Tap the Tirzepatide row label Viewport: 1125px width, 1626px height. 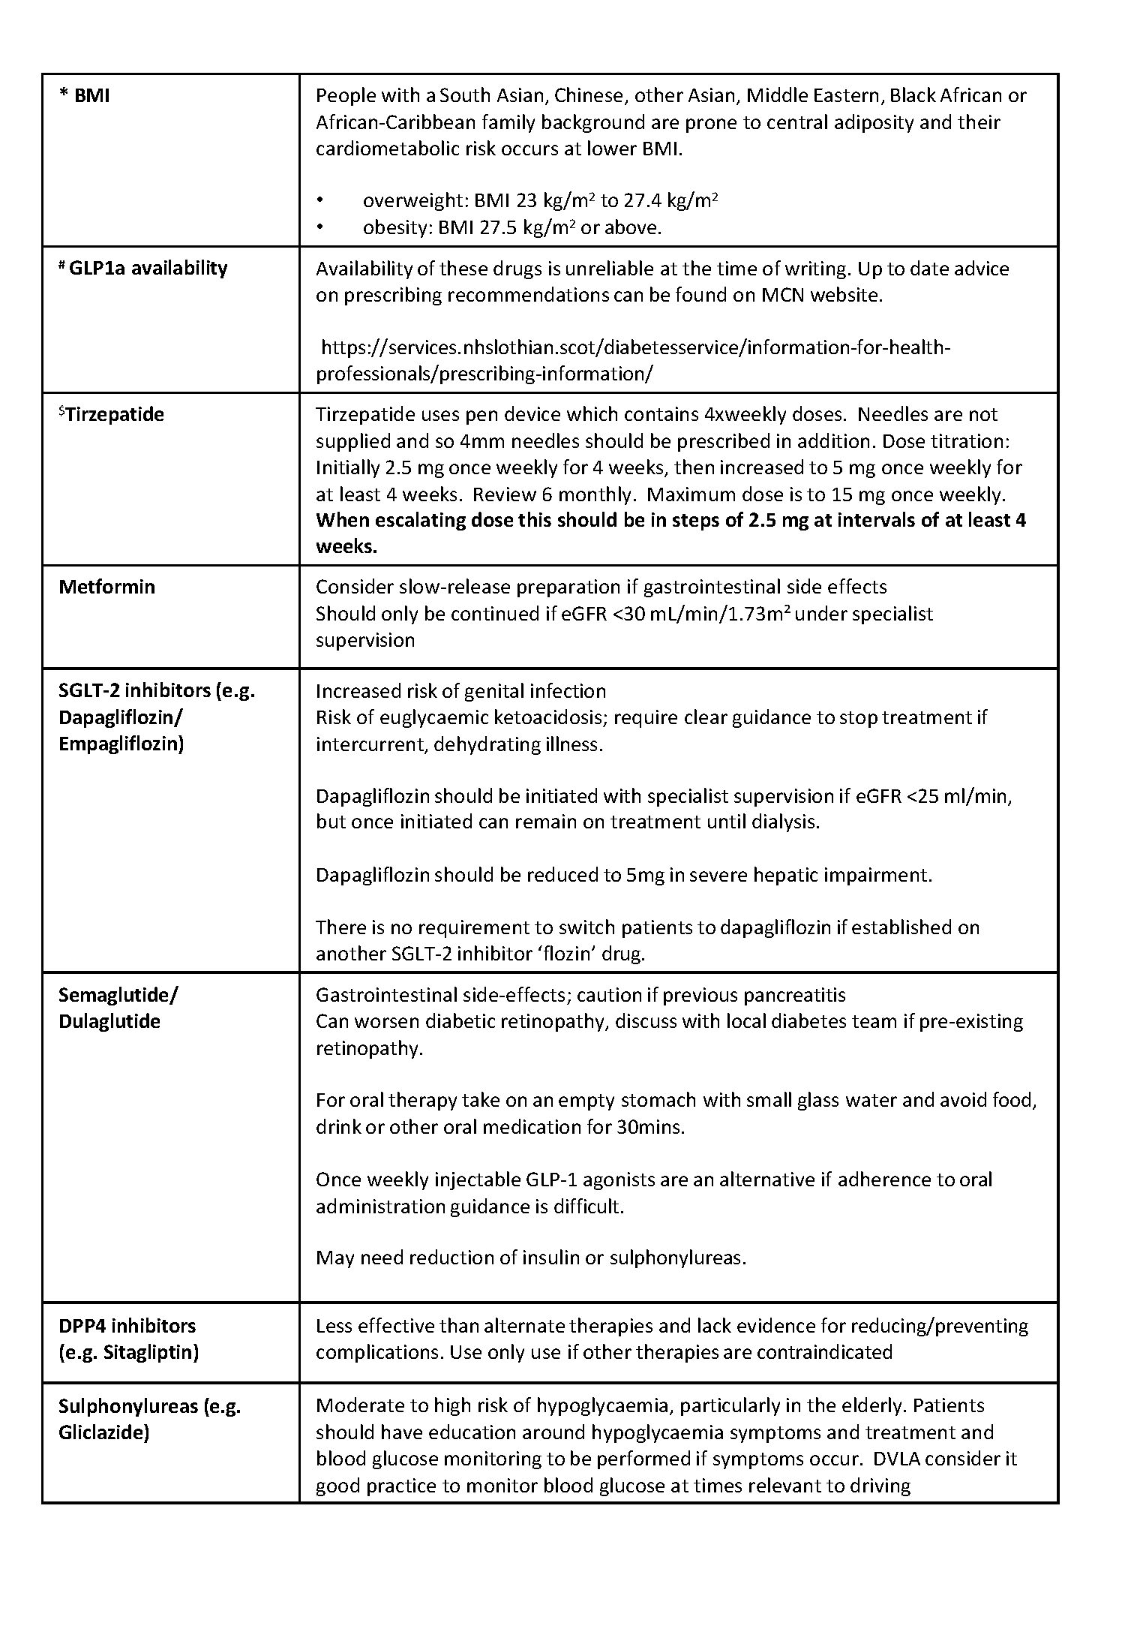click(112, 414)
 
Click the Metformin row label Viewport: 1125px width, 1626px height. click(106, 587)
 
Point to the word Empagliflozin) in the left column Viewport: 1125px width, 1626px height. click(121, 744)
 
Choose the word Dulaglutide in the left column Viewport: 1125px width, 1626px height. click(109, 1021)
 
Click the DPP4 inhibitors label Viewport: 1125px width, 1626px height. click(127, 1326)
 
